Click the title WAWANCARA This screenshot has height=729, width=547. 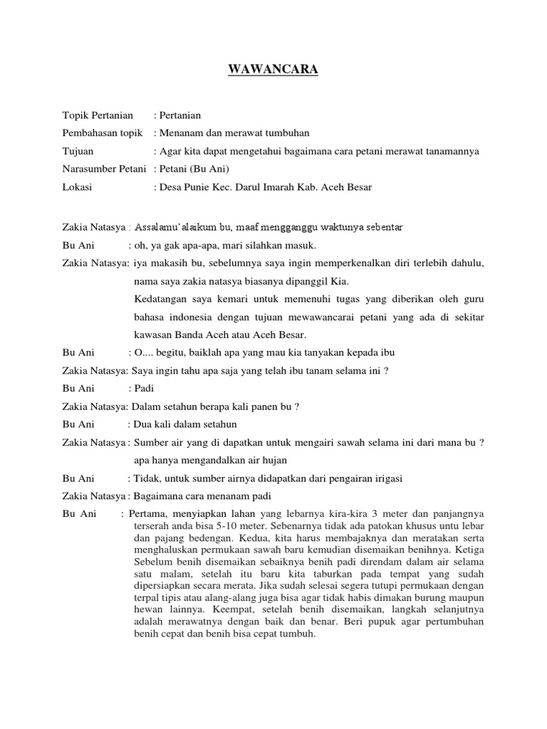click(273, 70)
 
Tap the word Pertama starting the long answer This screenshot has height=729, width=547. click(149, 513)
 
